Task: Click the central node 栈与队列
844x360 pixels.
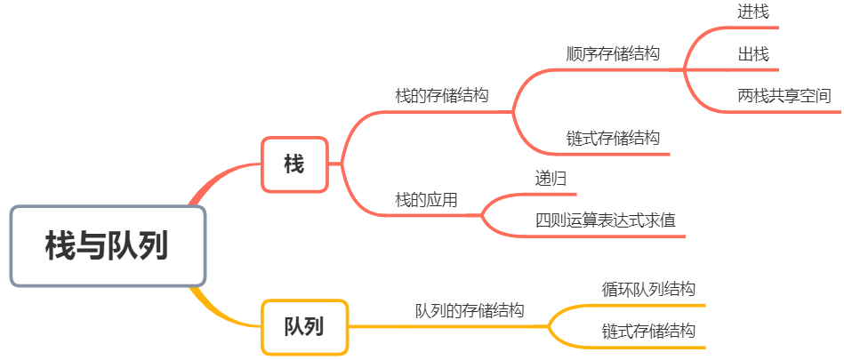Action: (108, 246)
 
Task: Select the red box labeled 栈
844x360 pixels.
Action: (294, 164)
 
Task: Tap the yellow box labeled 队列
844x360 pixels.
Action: (305, 326)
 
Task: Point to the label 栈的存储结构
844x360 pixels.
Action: (442, 96)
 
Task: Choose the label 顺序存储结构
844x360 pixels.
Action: (613, 54)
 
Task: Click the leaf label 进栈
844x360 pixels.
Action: (753, 12)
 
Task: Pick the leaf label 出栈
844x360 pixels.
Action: (753, 54)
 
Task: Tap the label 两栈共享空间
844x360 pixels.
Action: (784, 96)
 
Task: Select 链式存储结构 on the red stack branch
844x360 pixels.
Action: (613, 139)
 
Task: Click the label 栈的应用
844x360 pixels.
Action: (426, 200)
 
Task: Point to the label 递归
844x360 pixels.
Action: (551, 178)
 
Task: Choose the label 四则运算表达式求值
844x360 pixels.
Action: (606, 220)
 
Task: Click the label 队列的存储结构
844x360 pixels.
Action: (470, 310)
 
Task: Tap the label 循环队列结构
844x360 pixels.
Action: (648, 289)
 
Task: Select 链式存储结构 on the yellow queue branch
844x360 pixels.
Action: (648, 331)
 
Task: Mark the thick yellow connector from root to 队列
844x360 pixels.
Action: (218, 312)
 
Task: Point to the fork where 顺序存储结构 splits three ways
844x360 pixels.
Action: (684, 69)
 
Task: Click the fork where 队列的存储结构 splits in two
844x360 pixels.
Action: (548, 326)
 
